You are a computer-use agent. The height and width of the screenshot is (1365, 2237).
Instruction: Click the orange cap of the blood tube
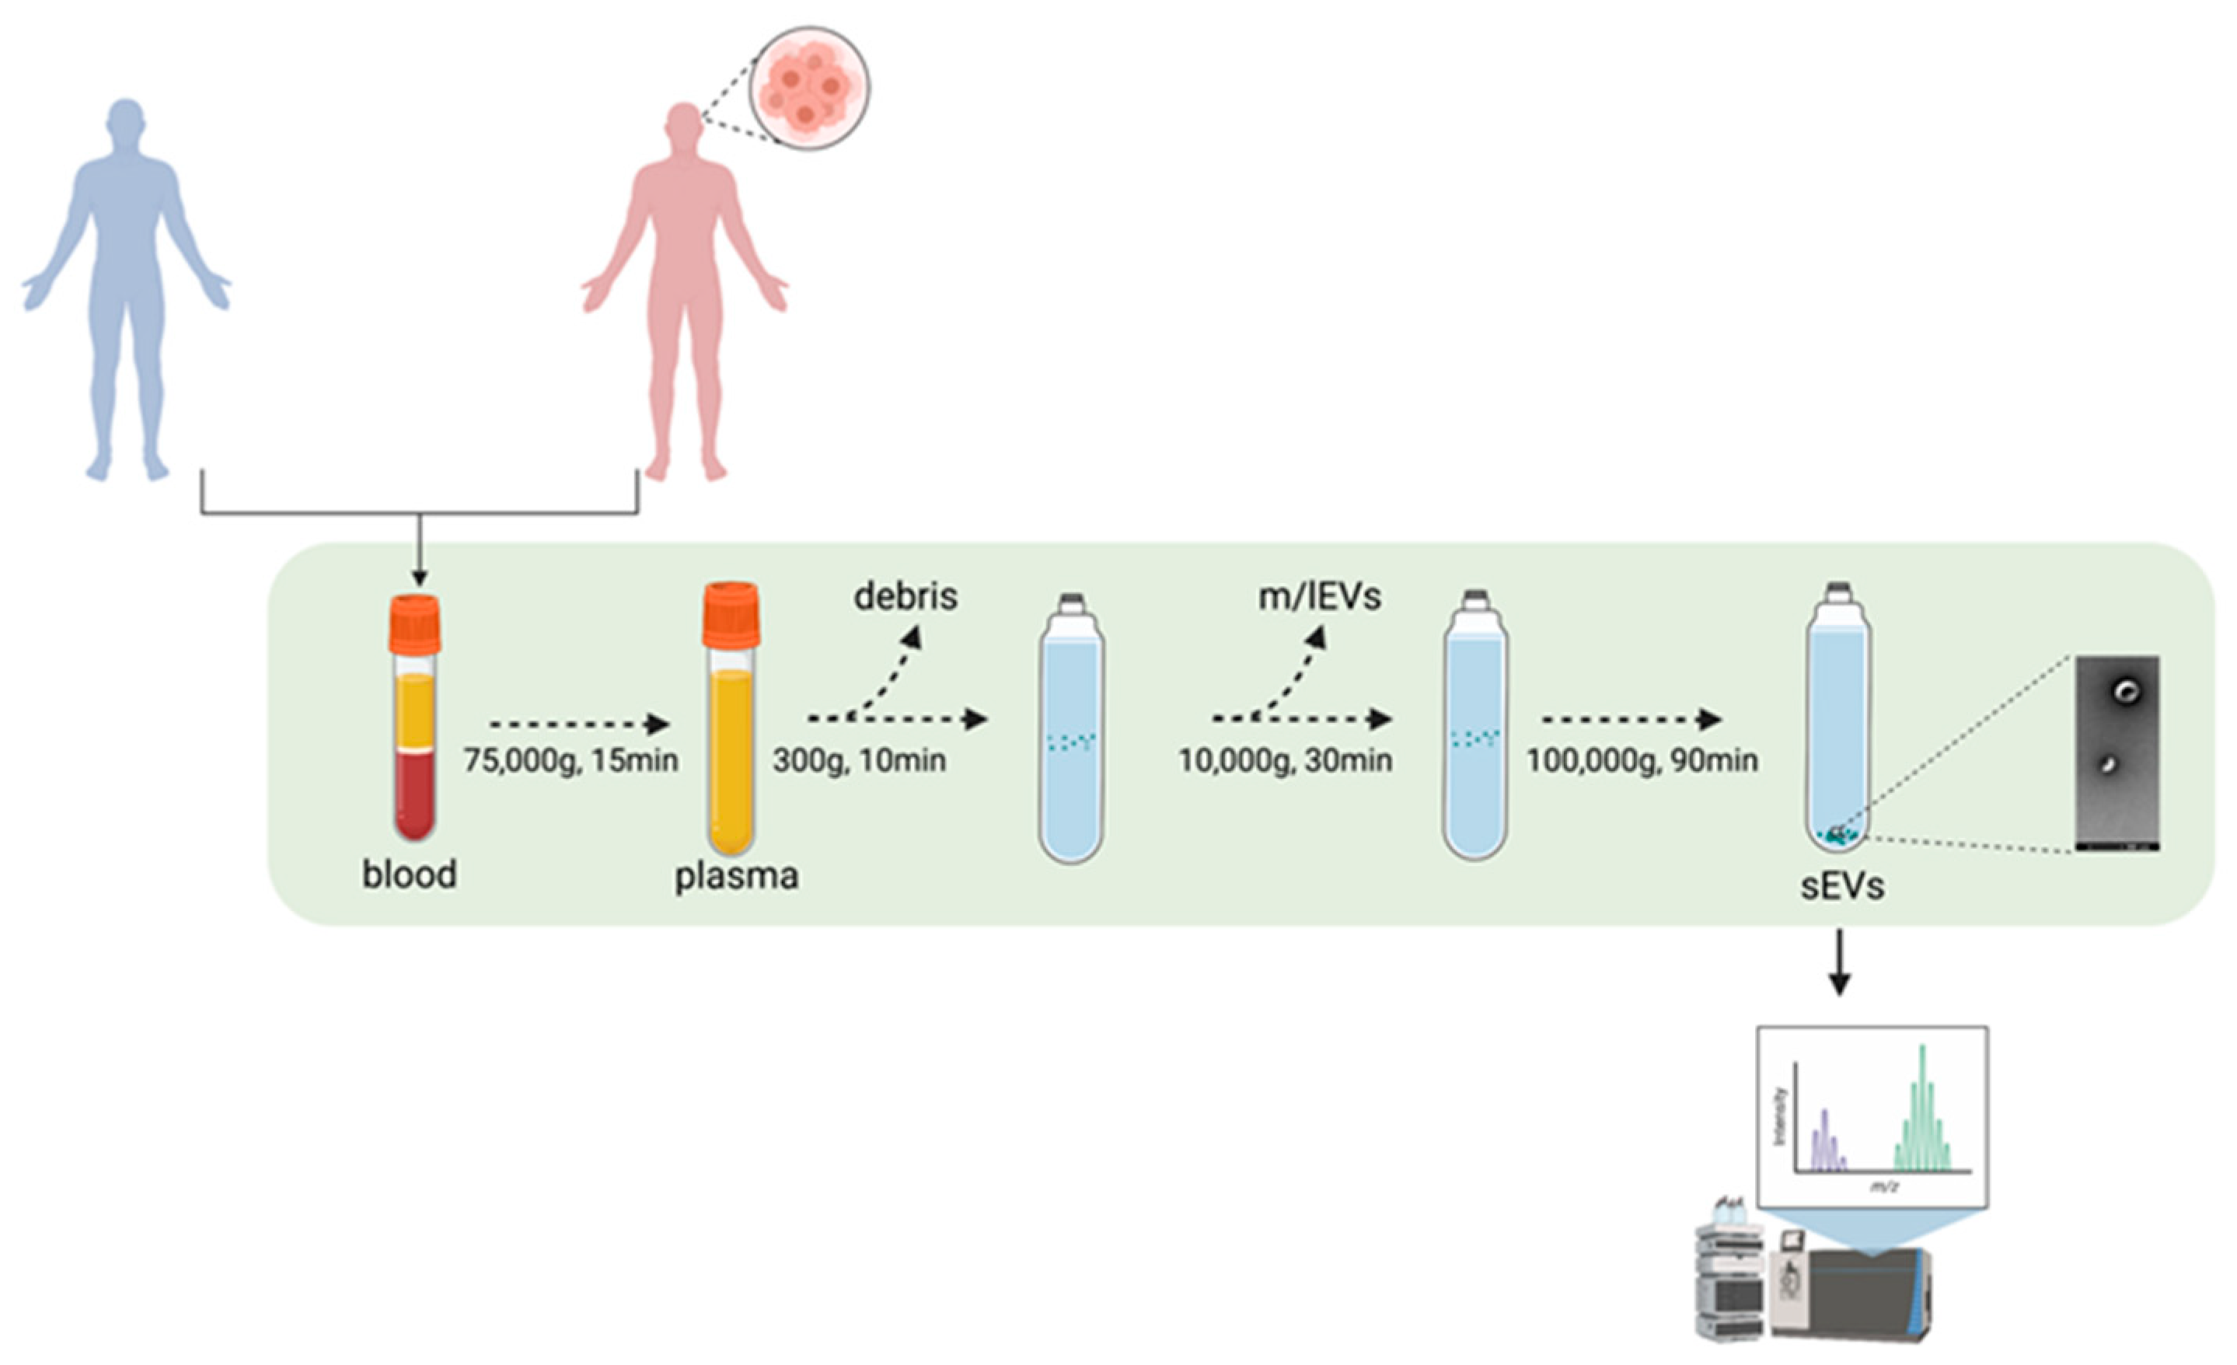pyautogui.click(x=415, y=624)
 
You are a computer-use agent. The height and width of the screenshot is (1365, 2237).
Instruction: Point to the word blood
pyautogui.click(x=410, y=875)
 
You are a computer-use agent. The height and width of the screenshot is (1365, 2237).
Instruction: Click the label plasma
pyautogui.click(x=736, y=876)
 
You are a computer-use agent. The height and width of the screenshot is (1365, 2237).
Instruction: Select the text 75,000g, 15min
pyautogui.click(x=571, y=759)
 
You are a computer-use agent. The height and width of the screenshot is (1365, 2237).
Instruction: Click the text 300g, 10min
pyautogui.click(x=859, y=759)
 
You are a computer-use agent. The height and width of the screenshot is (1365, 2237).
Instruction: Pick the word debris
pyautogui.click(x=906, y=597)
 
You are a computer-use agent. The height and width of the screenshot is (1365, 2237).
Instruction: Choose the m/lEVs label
pyautogui.click(x=1319, y=597)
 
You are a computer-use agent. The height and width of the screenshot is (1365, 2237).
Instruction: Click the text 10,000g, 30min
pyautogui.click(x=1285, y=759)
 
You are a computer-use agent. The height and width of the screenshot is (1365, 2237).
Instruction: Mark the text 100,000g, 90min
pyautogui.click(x=1642, y=759)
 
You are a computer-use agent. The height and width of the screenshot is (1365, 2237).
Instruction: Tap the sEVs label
pyautogui.click(x=1842, y=886)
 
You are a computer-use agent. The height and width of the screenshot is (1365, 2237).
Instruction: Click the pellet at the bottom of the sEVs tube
pyautogui.click(x=1837, y=835)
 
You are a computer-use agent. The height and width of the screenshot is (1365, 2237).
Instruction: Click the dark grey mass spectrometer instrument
pyautogui.click(x=1852, y=1294)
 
